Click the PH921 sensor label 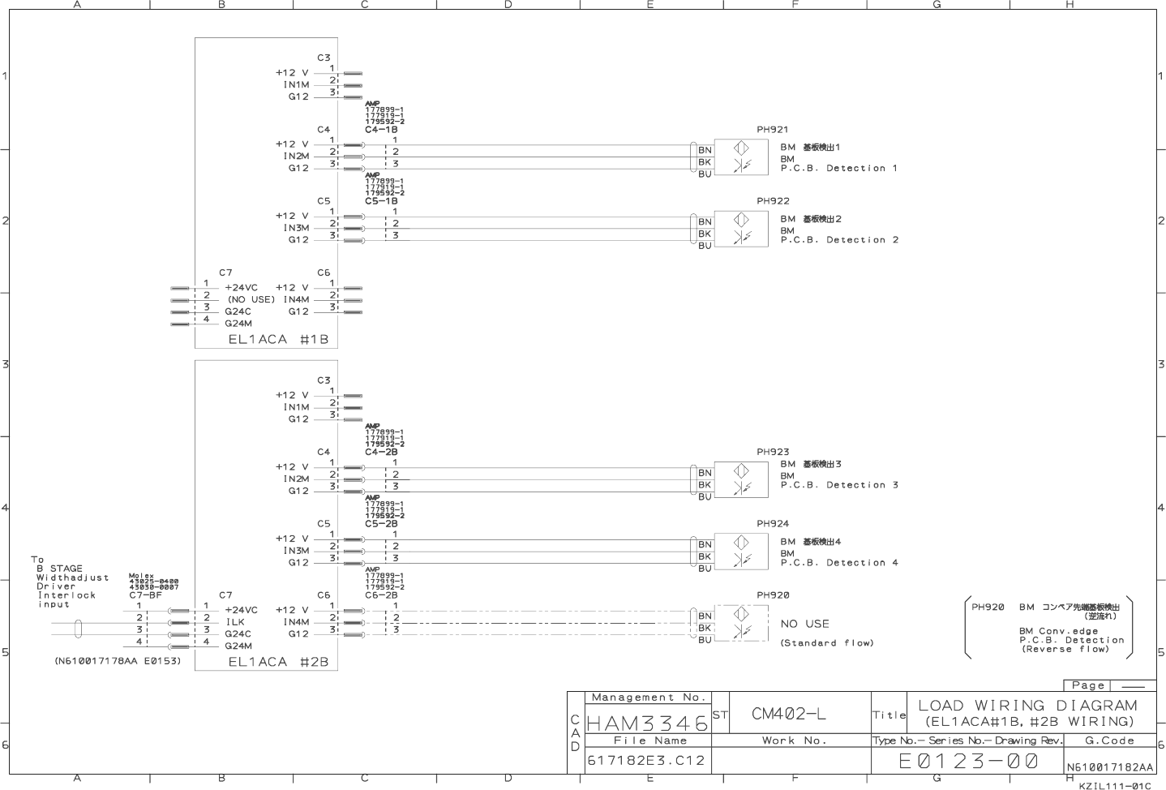(772, 130)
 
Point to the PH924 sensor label (773, 524)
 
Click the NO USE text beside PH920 (804, 624)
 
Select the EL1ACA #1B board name (278, 339)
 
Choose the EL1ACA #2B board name (278, 662)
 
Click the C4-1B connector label (381, 130)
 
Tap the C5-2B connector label (381, 524)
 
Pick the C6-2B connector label (381, 595)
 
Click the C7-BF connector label (146, 595)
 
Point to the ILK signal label (234, 622)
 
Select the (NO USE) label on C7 (251, 299)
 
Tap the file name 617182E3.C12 (646, 761)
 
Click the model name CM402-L (789, 714)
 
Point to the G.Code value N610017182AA (1109, 766)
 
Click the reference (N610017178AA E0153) (118, 661)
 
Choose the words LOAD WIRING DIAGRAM (1027, 706)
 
